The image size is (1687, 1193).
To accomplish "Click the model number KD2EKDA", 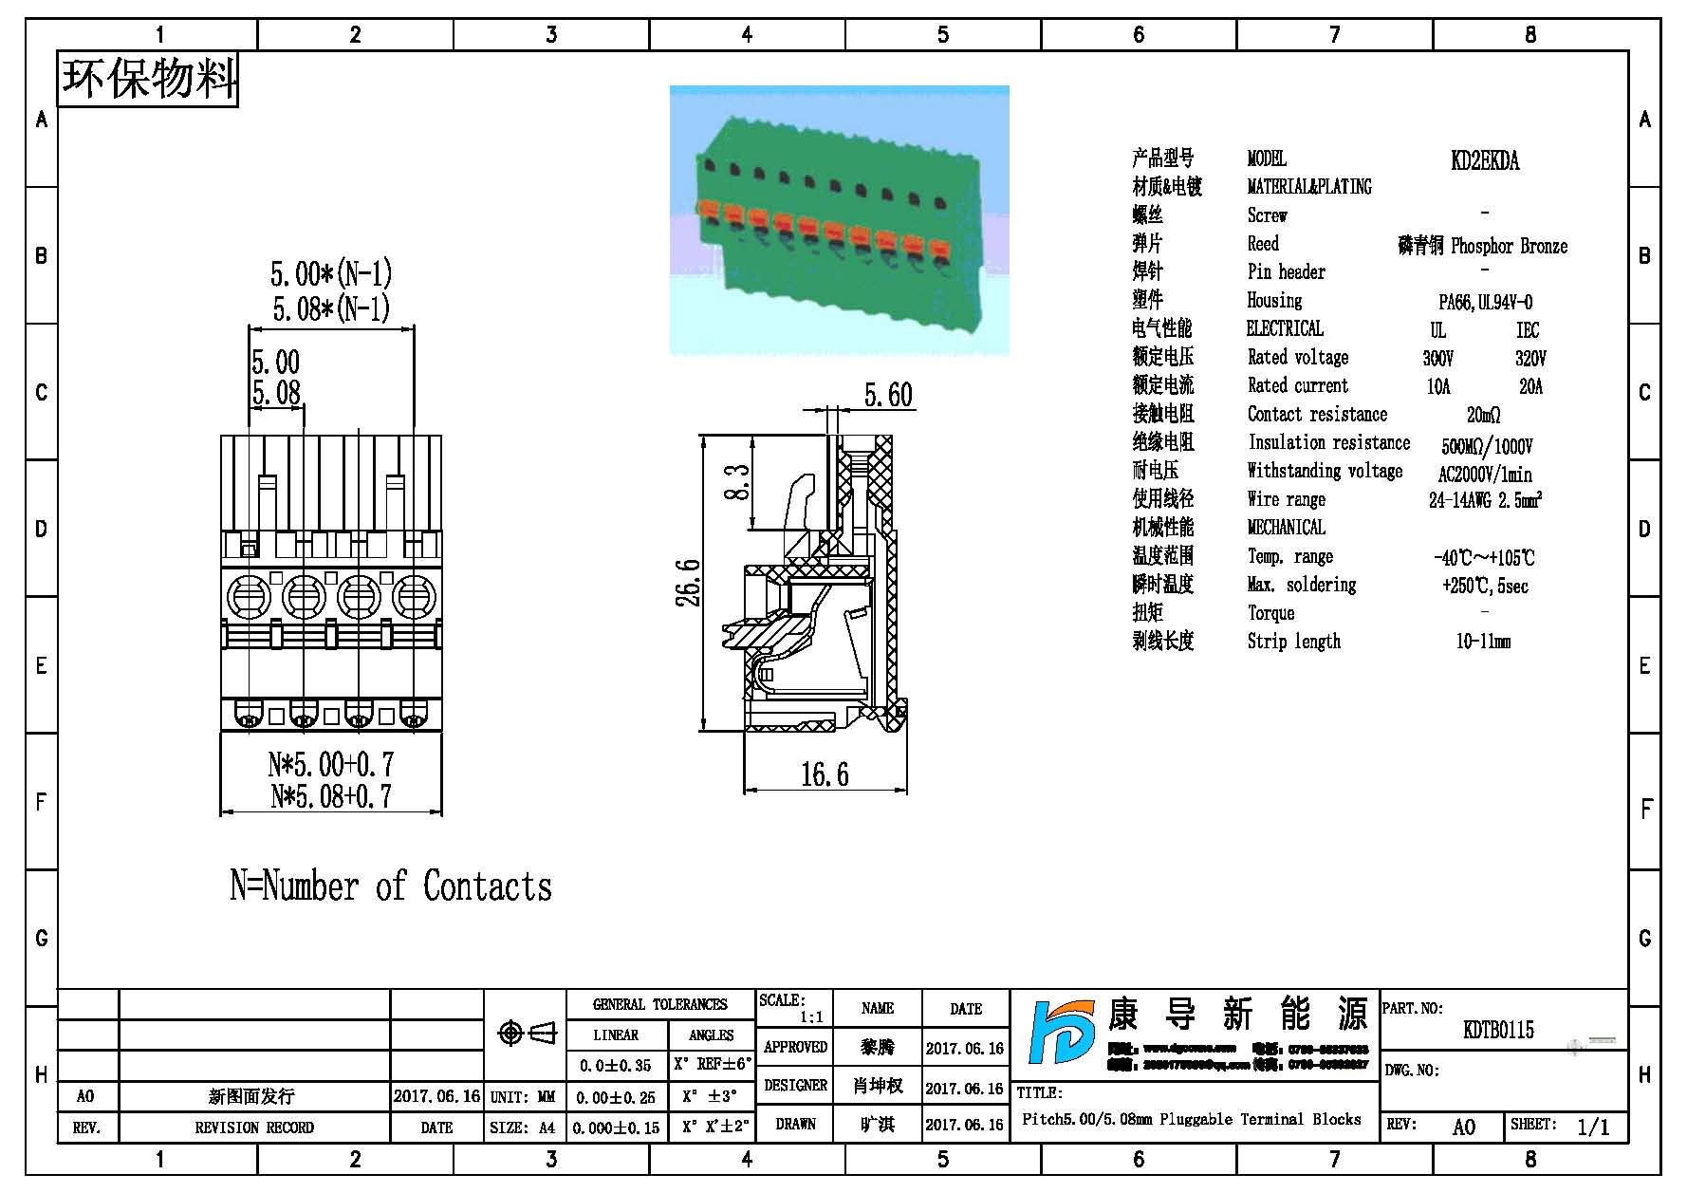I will point(1484,160).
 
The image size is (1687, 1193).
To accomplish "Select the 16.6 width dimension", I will point(825,774).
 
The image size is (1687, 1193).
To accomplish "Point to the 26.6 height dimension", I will point(690,583).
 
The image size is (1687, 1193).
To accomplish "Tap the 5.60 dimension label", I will point(888,395).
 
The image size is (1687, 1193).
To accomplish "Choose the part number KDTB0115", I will point(1498,1030).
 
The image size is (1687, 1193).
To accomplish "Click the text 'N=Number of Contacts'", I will point(390,885).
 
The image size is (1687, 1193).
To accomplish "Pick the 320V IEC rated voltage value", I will point(1529,358).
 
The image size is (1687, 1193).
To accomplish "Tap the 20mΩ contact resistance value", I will point(1483,415).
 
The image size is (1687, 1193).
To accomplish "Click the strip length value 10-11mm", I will point(1483,642).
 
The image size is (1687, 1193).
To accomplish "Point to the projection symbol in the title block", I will point(528,1033).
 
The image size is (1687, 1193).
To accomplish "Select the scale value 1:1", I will point(811,1017).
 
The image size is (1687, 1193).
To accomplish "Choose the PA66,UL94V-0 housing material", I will point(1485,302).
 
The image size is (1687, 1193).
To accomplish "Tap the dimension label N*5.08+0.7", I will point(331,796).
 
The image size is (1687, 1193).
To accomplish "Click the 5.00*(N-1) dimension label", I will point(331,274).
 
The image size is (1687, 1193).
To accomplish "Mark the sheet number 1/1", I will point(1593,1127).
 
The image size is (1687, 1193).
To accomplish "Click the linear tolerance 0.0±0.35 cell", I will point(616,1066).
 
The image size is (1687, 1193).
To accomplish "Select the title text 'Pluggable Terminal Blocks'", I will point(1260,1119).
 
